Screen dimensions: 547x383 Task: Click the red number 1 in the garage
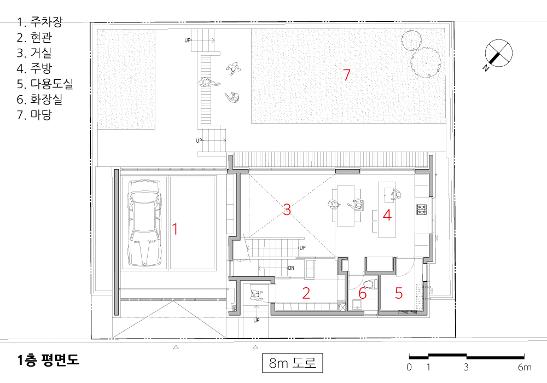[175, 229]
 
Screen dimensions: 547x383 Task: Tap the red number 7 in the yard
[346, 74]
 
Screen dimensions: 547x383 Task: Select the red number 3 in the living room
[287, 210]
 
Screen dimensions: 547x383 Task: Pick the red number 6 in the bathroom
[363, 293]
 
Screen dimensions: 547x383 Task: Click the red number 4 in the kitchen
[387, 215]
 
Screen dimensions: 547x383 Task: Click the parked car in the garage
[144, 223]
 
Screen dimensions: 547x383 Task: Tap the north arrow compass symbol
[498, 54]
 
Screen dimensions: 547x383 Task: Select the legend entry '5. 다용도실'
[45, 84]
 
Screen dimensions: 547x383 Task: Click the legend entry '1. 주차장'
[40, 22]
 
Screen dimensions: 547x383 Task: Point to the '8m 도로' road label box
[292, 363]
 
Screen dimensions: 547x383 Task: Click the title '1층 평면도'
[49, 359]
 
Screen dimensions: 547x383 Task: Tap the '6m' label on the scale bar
[525, 367]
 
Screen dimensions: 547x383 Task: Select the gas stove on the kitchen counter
[422, 210]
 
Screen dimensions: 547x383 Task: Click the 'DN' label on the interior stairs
[291, 268]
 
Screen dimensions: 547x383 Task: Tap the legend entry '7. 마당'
[34, 115]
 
